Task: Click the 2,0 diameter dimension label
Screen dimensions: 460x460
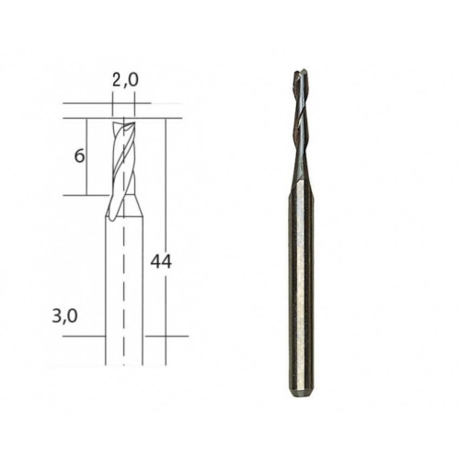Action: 125,80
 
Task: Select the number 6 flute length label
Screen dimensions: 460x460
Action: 79,156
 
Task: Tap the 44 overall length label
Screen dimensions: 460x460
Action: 161,262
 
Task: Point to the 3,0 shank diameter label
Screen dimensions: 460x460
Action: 64,316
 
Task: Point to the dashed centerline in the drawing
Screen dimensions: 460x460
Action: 124,241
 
